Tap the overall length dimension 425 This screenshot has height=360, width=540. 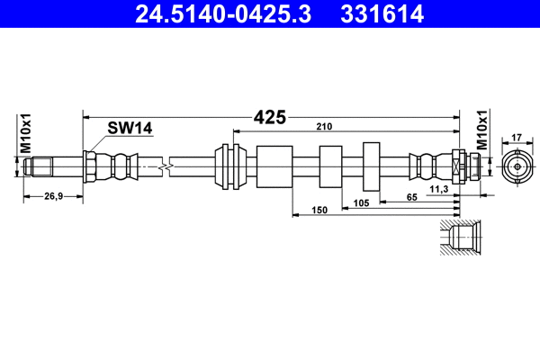coord(269,116)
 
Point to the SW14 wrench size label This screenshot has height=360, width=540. coord(130,129)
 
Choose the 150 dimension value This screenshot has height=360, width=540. coord(317,209)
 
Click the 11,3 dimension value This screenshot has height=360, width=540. coord(439,187)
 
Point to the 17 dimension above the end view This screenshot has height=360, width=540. coord(516,138)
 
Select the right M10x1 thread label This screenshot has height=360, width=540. coord(481,131)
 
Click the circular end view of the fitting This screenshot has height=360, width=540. coord(516,166)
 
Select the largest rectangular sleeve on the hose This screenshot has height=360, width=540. coord(275,166)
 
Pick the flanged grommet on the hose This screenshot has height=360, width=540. coord(233,166)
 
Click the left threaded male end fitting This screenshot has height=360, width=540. coord(41,166)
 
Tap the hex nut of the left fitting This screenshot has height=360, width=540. coord(91,166)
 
